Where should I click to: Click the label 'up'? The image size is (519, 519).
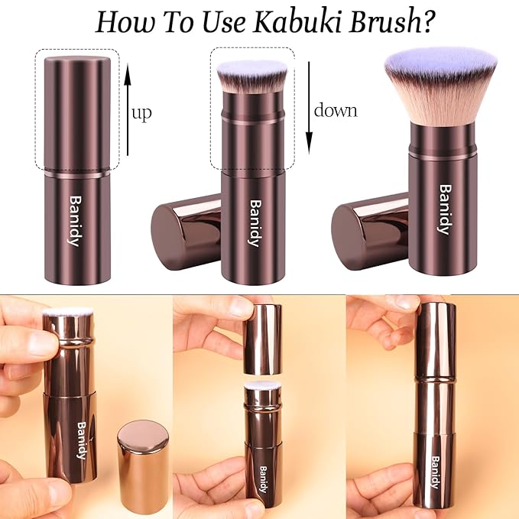[141, 114]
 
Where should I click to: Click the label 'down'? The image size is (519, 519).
[336, 110]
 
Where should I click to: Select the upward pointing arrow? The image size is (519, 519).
[128, 115]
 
